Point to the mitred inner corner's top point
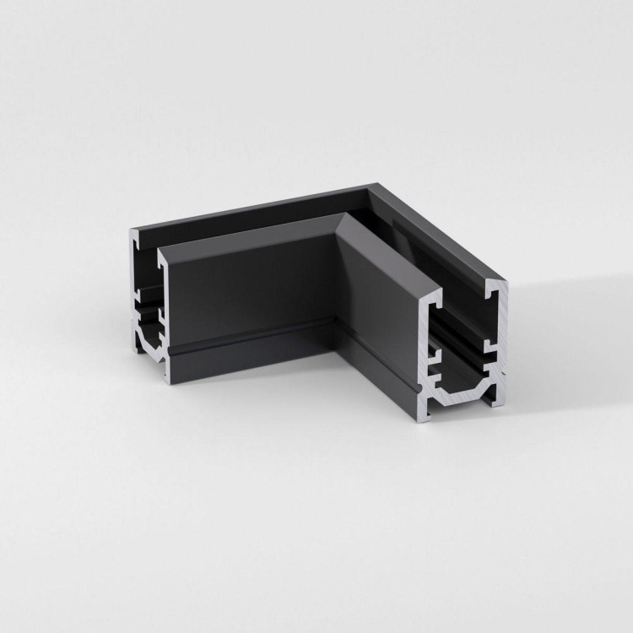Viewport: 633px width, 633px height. pyautogui.click(x=343, y=216)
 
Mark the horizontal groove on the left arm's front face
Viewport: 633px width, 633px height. pyautogui.click(x=253, y=338)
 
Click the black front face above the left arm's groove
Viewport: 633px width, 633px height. pyautogui.click(x=253, y=287)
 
